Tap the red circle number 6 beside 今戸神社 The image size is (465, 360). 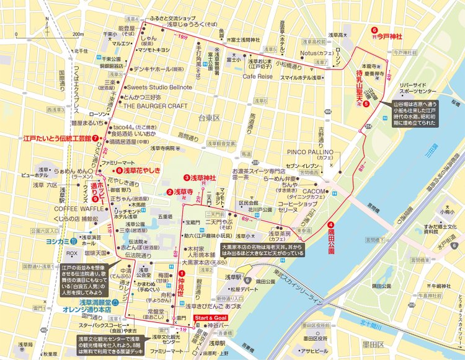point(374,30)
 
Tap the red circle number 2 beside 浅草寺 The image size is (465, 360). point(169,192)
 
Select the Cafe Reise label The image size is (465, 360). point(257,76)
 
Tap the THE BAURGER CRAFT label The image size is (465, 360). point(155,106)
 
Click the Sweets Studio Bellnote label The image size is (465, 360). point(159,88)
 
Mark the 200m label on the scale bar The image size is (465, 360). point(77,34)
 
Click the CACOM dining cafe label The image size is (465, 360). point(314,191)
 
